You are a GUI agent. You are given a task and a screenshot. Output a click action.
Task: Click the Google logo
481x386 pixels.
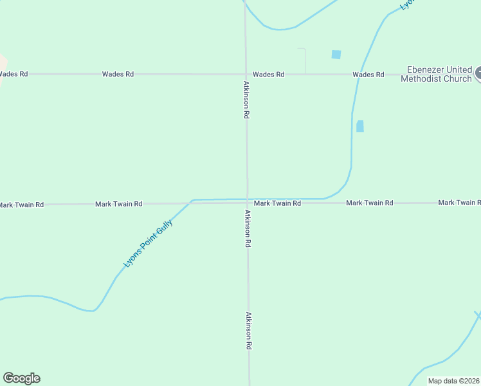click(21, 378)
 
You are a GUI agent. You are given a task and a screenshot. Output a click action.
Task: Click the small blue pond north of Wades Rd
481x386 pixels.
click(336, 55)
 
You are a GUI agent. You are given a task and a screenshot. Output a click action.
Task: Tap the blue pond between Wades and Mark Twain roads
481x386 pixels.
click(360, 126)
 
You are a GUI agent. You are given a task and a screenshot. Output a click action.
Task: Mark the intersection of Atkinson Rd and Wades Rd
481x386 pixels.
click(246, 75)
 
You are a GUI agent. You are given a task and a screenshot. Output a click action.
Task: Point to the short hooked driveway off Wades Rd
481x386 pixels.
click(304, 58)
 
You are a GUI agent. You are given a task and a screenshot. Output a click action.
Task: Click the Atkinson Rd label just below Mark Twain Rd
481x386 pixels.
click(247, 228)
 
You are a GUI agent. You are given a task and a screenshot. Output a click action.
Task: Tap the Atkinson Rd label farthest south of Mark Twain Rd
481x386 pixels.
click(248, 330)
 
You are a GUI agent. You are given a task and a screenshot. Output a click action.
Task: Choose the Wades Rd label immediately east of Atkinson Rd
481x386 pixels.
click(268, 75)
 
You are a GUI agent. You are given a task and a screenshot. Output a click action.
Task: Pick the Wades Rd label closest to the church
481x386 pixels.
click(368, 75)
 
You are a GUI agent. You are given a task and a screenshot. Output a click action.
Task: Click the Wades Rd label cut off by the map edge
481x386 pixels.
click(14, 74)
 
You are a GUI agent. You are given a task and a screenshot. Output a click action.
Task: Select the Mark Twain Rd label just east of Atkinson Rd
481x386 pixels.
click(277, 203)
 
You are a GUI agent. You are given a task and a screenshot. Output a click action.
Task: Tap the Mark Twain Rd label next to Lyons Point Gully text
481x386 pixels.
click(118, 204)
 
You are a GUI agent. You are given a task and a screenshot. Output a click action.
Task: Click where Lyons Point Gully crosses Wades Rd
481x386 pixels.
click(361, 75)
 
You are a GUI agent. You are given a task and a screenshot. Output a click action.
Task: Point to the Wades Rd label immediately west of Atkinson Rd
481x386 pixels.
click(118, 74)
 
